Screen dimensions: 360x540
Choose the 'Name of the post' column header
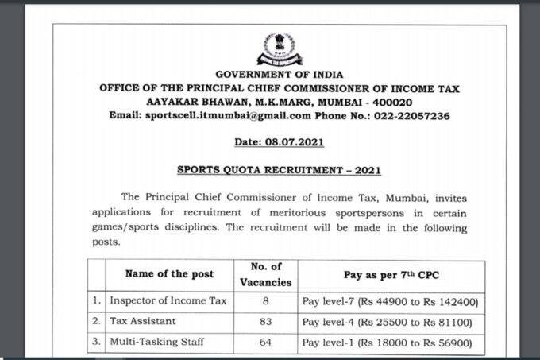click(x=169, y=274)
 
